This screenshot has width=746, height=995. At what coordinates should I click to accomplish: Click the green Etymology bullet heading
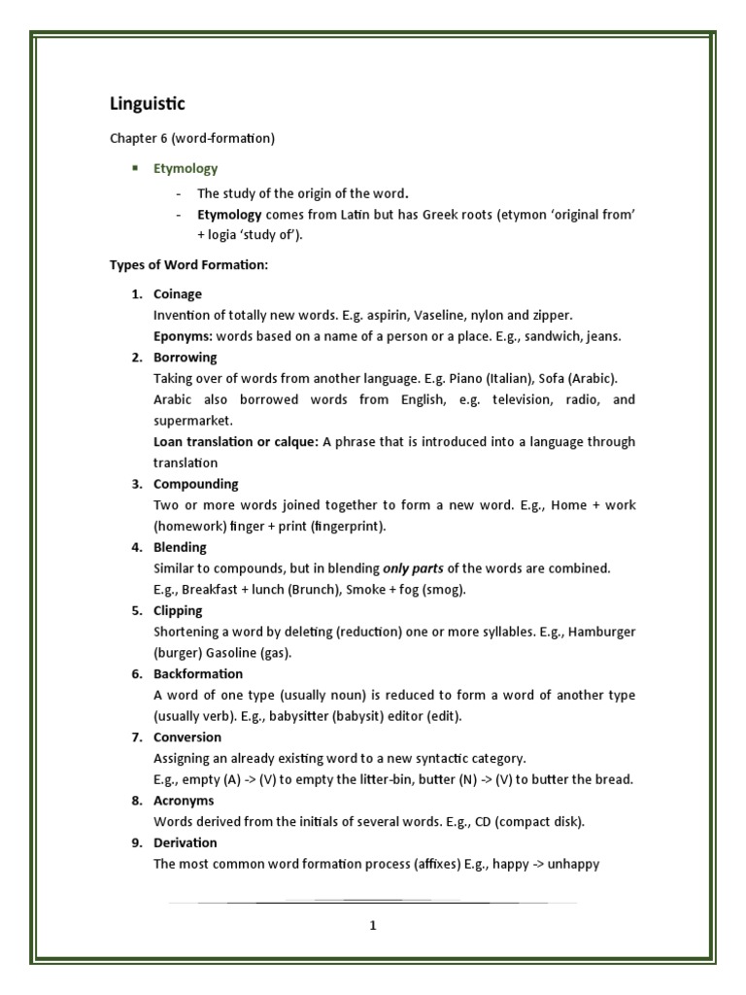(x=186, y=168)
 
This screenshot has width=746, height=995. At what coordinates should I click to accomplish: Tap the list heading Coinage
(x=178, y=293)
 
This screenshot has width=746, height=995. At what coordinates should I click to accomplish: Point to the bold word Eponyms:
(x=183, y=336)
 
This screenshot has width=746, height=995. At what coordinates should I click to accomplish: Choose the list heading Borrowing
(x=185, y=357)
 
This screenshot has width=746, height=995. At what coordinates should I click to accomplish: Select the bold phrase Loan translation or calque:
(x=235, y=441)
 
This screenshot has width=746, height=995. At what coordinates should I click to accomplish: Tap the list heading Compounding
(x=195, y=484)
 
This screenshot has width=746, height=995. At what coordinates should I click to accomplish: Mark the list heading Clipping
(x=178, y=610)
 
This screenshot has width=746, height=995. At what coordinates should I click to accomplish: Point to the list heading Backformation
(x=198, y=673)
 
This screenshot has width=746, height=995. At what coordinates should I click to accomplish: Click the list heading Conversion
(x=187, y=737)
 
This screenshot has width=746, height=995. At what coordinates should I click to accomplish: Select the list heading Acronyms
(x=185, y=800)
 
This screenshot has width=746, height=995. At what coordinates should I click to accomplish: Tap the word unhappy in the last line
(x=573, y=863)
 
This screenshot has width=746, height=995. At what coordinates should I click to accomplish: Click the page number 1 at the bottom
(x=372, y=925)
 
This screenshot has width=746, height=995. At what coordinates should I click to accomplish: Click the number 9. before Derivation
(x=138, y=842)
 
